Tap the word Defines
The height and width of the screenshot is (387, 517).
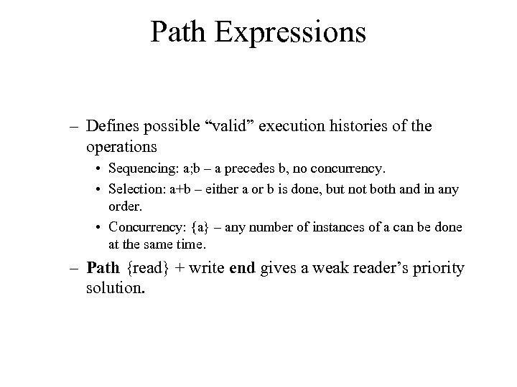111,126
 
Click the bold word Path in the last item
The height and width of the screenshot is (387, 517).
102,269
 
